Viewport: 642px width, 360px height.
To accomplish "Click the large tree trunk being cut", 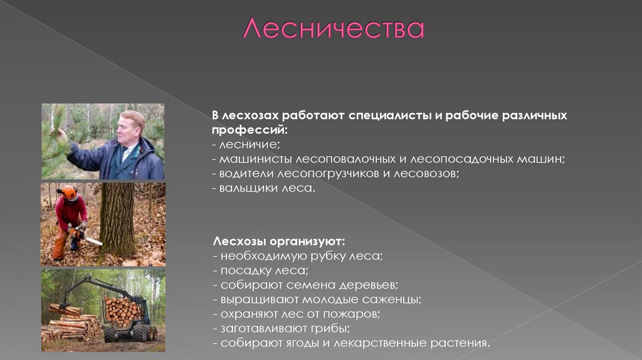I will coord(118,220).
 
